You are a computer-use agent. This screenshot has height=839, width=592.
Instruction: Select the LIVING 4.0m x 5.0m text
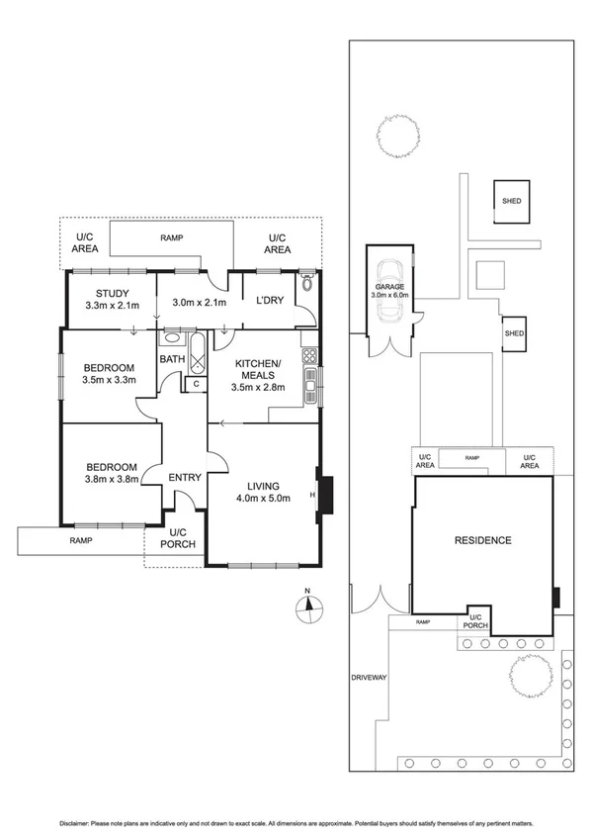coord(259,493)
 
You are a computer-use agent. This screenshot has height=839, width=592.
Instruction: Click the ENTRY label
coord(184,478)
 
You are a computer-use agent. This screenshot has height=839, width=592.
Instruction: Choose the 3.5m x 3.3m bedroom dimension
coord(109,379)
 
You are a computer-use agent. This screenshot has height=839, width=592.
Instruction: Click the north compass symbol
coord(308,606)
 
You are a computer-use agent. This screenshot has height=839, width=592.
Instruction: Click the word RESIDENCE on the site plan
coord(482,540)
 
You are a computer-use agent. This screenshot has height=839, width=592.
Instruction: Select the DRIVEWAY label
coord(370,678)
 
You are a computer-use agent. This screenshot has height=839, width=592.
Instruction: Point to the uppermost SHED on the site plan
coord(511,201)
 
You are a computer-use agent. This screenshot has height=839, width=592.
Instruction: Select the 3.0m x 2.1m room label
coord(199,303)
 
